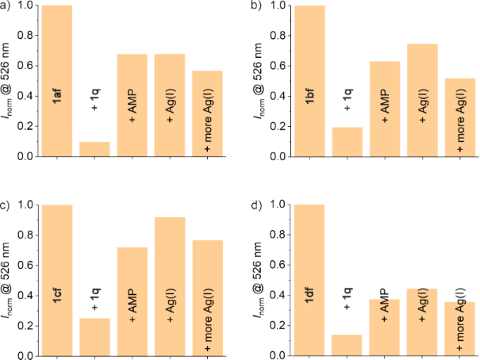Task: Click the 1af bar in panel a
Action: [58, 80]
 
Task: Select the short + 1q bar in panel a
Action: [95, 149]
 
